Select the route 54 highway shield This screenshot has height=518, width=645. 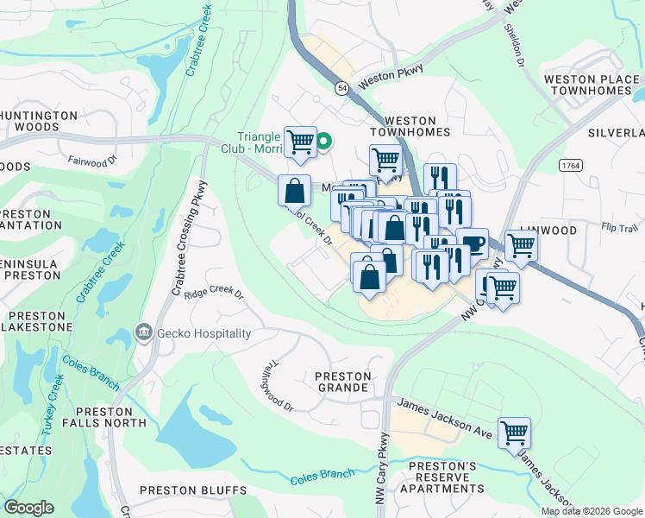(x=342, y=89)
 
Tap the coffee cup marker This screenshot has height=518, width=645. (x=472, y=243)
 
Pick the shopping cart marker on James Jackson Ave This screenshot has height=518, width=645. (x=514, y=433)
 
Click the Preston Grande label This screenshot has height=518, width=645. (x=342, y=382)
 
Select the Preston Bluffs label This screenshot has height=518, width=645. (x=192, y=490)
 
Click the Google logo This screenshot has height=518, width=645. (x=28, y=508)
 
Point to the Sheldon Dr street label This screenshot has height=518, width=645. (x=519, y=53)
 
